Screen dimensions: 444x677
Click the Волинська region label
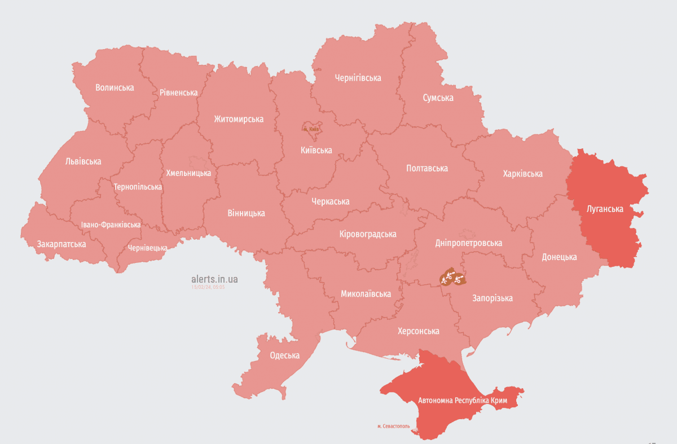click(x=115, y=87)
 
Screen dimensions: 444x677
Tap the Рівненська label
click(x=178, y=93)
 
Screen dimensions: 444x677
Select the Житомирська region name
click(x=239, y=119)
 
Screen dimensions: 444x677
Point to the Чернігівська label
click(x=358, y=78)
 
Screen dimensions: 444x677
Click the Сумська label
click(x=438, y=98)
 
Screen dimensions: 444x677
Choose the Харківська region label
click(x=522, y=174)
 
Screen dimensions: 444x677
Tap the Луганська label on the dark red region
click(x=605, y=209)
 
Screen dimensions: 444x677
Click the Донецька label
click(x=559, y=257)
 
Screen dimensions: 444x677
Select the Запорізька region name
click(x=492, y=298)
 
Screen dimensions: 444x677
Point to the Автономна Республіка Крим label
click(x=463, y=401)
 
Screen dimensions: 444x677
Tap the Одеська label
click(x=284, y=355)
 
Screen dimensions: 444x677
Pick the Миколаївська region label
click(x=366, y=294)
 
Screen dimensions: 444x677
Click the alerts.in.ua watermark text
click(x=214, y=279)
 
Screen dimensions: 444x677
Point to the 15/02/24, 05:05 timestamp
click(x=208, y=287)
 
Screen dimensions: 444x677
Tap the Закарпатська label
click(x=61, y=244)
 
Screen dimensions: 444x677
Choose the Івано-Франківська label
click(x=111, y=225)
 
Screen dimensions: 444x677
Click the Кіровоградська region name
click(x=368, y=234)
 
